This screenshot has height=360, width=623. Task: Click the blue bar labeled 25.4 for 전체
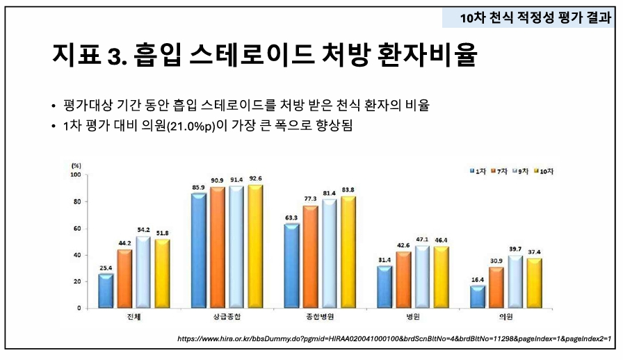pyautogui.click(x=106, y=291)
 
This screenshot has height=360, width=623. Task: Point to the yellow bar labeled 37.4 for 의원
pyautogui.click(x=534, y=283)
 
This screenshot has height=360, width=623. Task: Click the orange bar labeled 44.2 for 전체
pyautogui.click(x=124, y=279)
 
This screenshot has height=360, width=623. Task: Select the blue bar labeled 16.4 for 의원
pyautogui.click(x=478, y=297)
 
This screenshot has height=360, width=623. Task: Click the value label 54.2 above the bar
pyautogui.click(x=143, y=229)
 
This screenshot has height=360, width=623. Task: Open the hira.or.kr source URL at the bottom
pyautogui.click(x=394, y=338)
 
